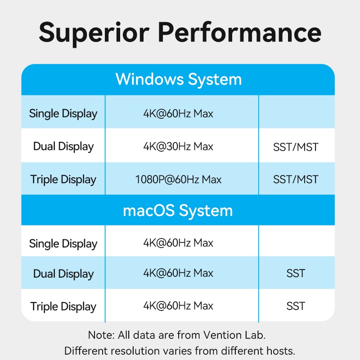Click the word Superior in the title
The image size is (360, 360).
94,33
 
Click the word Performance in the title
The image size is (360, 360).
240,32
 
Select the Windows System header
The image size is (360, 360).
179,80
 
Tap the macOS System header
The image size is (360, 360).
178,211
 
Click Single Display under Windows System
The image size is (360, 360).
63,114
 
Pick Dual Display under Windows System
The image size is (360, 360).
63,147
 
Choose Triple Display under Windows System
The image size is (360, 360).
63,180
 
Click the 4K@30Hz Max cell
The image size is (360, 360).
178,146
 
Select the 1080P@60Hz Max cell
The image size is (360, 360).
178,179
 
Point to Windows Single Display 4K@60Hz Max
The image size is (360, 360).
178,113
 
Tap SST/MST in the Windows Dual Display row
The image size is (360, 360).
296,147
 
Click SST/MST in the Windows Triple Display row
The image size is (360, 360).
296,179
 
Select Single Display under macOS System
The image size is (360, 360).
63,244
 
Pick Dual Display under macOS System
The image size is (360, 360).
63,274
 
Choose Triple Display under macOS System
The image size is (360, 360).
63,307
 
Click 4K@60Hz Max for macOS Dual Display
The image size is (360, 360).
178,273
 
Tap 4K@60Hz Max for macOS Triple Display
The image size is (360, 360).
178,306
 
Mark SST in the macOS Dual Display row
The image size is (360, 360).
296,274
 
